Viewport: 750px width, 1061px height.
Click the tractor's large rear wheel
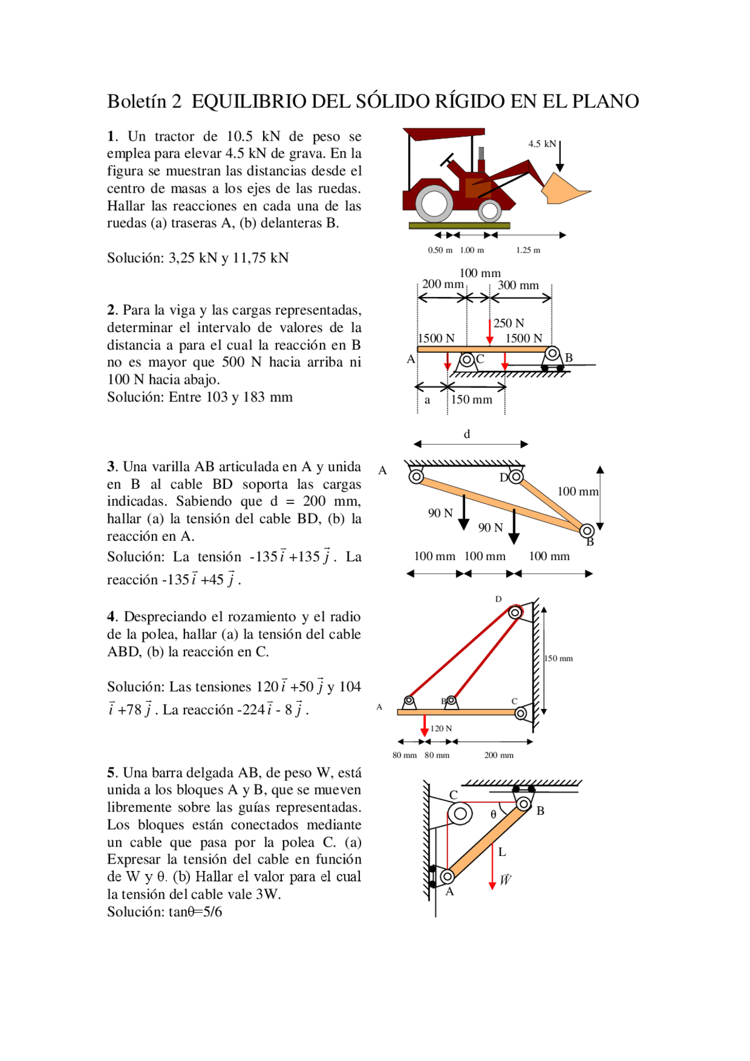[x=434, y=203]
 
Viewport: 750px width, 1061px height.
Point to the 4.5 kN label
[x=541, y=144]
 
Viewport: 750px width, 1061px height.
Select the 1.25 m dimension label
[x=528, y=250]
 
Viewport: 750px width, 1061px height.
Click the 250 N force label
[x=509, y=323]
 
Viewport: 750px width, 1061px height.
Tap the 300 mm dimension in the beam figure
[x=518, y=285]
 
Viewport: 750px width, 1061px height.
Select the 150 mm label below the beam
[x=471, y=400]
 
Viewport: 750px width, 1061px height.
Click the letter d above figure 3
[x=467, y=434]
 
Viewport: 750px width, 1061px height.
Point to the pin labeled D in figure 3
[x=516, y=477]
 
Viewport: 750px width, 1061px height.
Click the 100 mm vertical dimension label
[x=577, y=492]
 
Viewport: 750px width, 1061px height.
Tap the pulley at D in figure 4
[x=515, y=613]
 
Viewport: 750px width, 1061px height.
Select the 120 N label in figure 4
[x=441, y=729]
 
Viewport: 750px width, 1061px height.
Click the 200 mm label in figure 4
[x=499, y=755]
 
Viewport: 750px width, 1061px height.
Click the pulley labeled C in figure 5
[x=460, y=813]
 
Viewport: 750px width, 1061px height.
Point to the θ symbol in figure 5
[x=493, y=814]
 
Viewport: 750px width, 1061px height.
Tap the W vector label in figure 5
[x=505, y=879]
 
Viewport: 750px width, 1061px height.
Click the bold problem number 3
[x=111, y=467]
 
